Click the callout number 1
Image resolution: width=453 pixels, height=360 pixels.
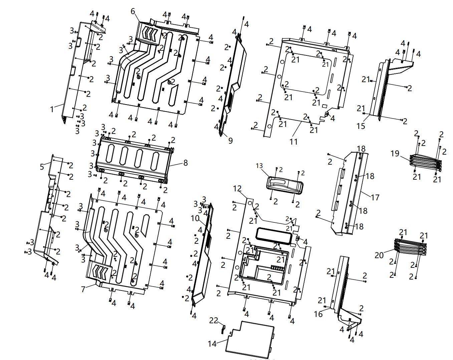[52, 109]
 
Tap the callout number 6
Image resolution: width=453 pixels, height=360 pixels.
[133, 11]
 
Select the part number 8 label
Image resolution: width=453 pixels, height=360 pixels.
[185, 163]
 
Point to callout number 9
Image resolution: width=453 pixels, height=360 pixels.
[230, 141]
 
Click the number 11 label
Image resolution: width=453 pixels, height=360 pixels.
[293, 142]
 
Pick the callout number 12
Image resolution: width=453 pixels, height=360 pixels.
[237, 189]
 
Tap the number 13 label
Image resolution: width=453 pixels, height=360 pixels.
[259, 166]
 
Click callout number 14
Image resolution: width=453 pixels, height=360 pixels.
[212, 344]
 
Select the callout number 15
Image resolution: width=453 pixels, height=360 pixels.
[361, 126]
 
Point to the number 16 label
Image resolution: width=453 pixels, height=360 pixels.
[318, 314]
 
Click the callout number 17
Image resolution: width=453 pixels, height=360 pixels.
[375, 197]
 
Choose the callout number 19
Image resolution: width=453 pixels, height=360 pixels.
[395, 153]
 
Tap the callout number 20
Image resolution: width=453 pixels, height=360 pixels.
[379, 255]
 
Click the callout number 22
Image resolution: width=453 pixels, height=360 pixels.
[214, 320]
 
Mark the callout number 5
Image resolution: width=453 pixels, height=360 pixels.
[42, 167]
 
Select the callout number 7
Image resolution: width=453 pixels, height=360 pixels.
[83, 289]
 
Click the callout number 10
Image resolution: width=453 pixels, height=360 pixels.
[195, 218]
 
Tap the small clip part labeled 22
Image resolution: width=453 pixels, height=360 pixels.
[224, 329]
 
